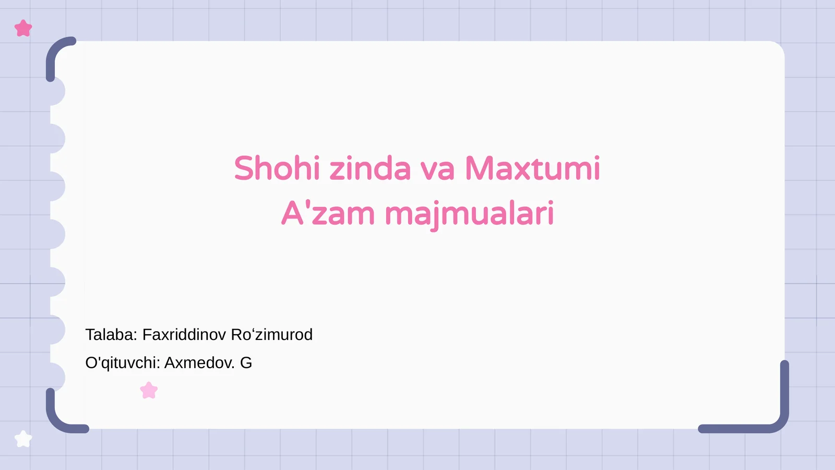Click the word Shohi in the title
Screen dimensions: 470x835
click(x=277, y=169)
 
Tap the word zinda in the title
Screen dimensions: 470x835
click(x=370, y=169)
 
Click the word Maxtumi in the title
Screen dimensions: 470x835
click(x=532, y=169)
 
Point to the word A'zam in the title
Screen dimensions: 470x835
click(x=328, y=214)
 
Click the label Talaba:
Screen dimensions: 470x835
click(x=111, y=335)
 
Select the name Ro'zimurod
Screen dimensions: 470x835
click(x=271, y=335)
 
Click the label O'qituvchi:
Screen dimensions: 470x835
click(x=122, y=363)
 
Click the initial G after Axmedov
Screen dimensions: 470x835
click(x=246, y=363)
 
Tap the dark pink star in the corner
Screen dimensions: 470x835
click(x=23, y=28)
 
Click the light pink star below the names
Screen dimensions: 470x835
click(x=149, y=390)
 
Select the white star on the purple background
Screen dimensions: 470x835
click(x=23, y=439)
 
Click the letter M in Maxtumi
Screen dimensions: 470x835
click(x=480, y=169)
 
